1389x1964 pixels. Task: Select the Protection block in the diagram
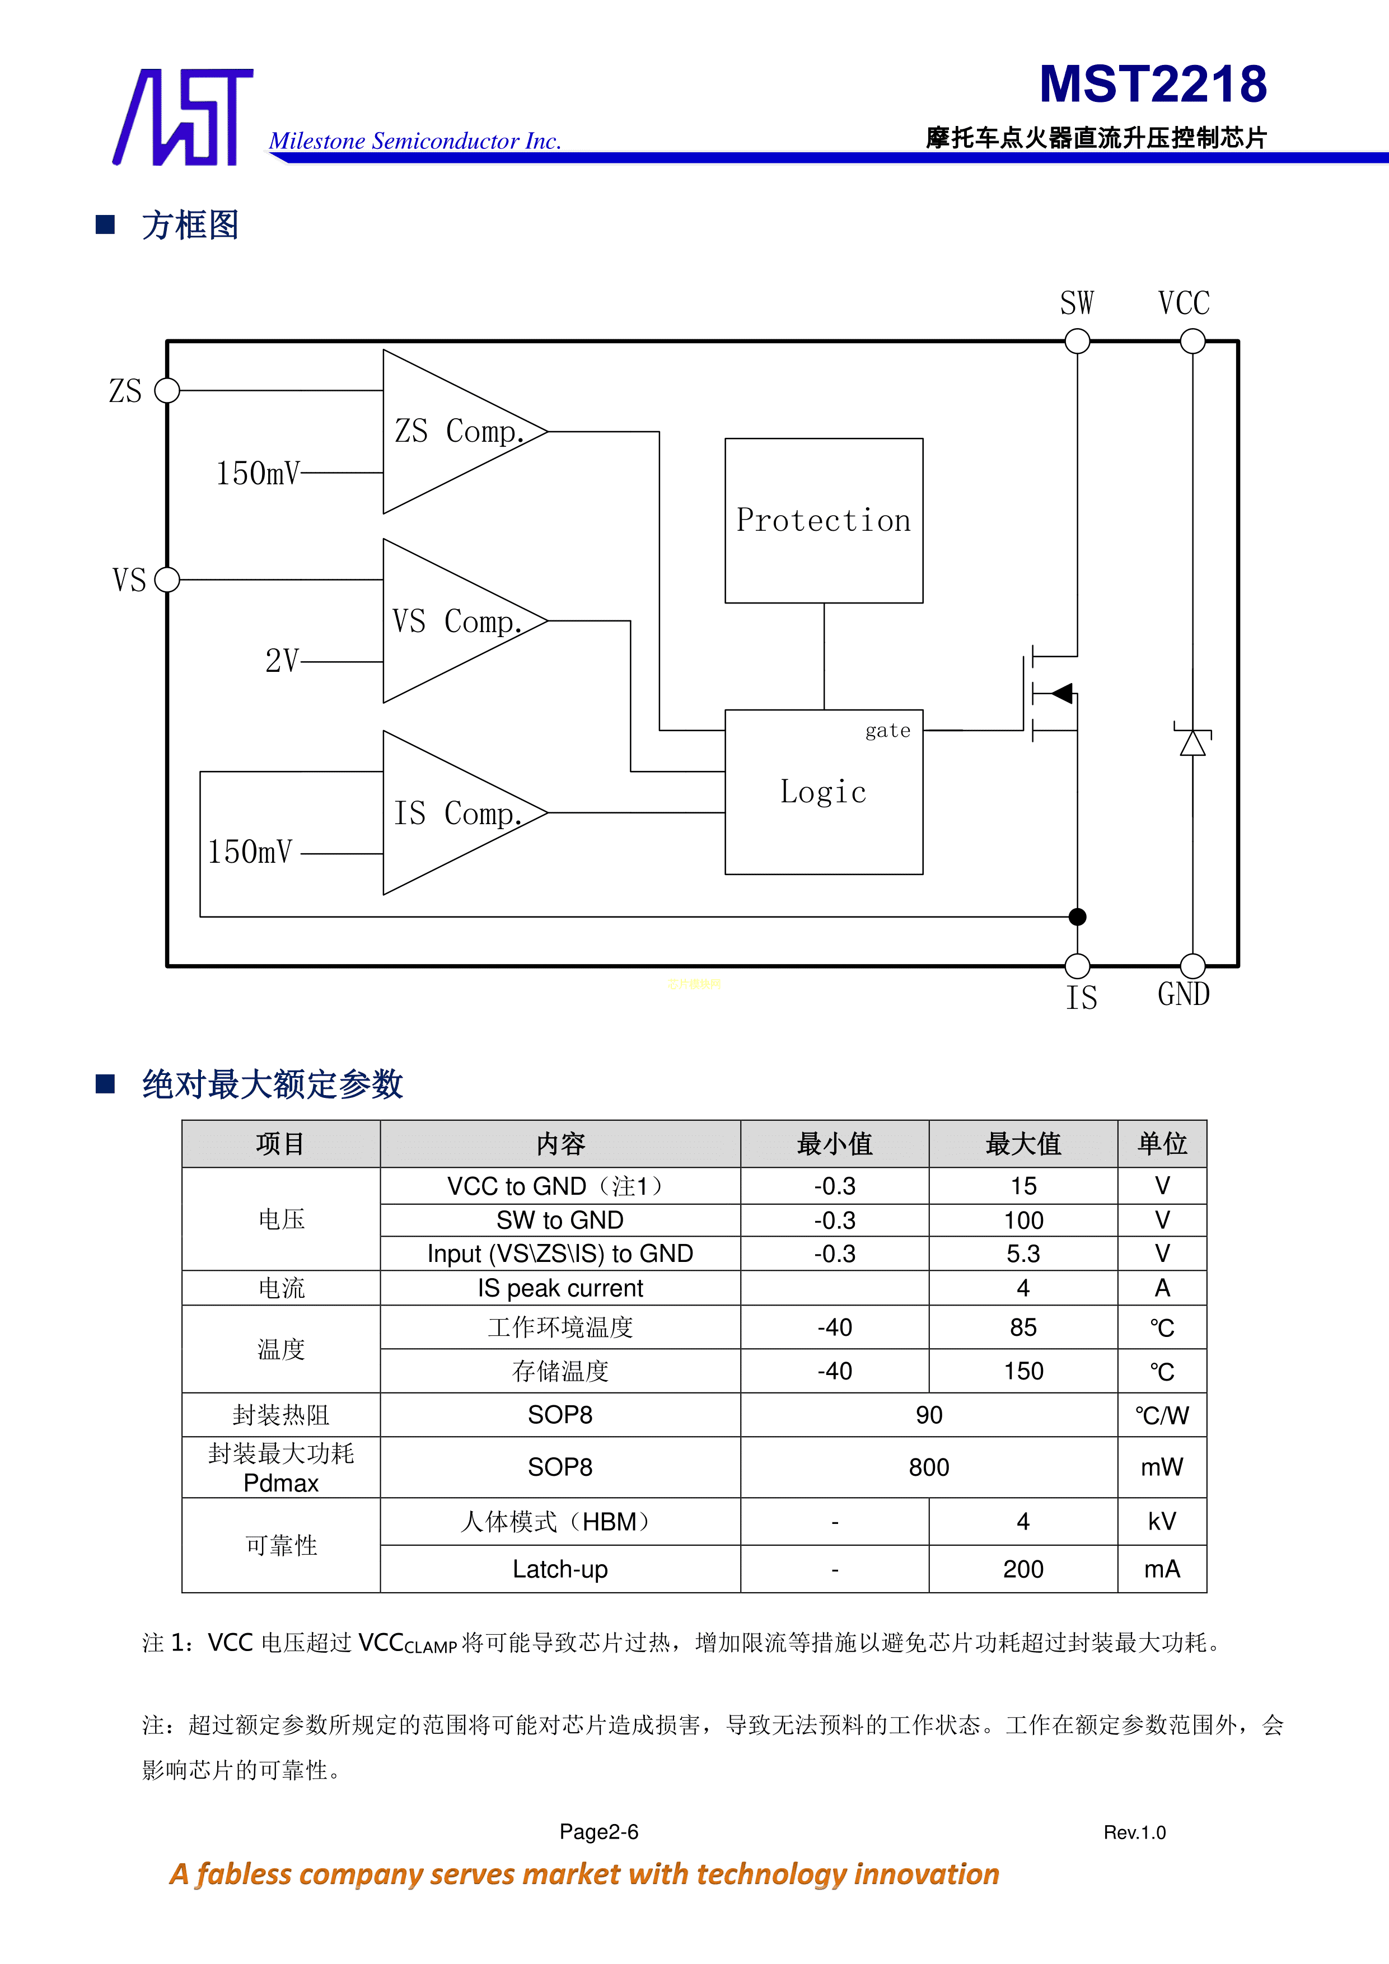[x=824, y=520]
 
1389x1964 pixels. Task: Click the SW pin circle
[x=1077, y=342]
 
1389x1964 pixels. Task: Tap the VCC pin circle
[x=1192, y=342]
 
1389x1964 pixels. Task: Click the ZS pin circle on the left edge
[x=167, y=391]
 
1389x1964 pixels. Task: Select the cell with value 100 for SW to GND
[x=1023, y=1220]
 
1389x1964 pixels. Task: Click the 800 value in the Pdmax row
[x=929, y=1467]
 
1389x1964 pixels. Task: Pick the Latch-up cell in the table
[x=560, y=1569]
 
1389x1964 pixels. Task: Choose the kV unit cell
[x=1162, y=1521]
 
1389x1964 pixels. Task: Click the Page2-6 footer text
[x=598, y=1831]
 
